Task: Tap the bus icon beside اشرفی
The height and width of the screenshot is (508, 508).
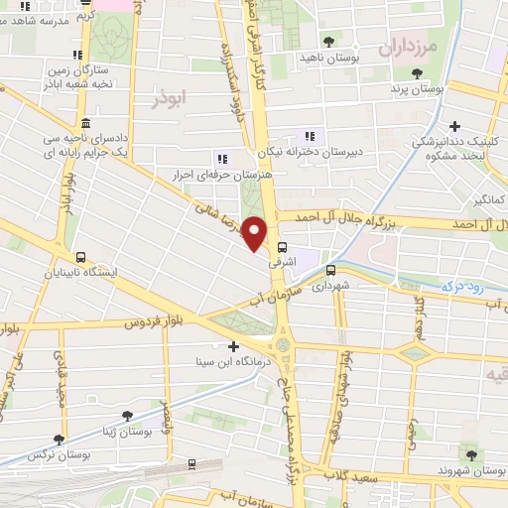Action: coord(284,248)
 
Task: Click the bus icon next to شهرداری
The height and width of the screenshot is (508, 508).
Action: coord(331,268)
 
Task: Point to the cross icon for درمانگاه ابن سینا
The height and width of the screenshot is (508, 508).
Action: coord(233,346)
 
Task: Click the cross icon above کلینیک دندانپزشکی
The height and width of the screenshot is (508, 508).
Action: coord(454,126)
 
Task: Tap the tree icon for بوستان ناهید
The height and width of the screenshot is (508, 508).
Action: coord(328,41)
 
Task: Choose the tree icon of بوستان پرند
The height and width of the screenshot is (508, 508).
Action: coord(419,74)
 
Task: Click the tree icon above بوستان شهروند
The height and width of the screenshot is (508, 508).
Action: coord(469,454)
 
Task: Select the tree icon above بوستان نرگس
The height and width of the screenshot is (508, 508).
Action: coord(61,438)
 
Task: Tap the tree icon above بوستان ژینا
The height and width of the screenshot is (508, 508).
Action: coord(125,417)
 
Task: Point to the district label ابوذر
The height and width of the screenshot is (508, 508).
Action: coord(171,100)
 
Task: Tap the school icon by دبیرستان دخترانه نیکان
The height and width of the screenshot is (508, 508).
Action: coord(310,136)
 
